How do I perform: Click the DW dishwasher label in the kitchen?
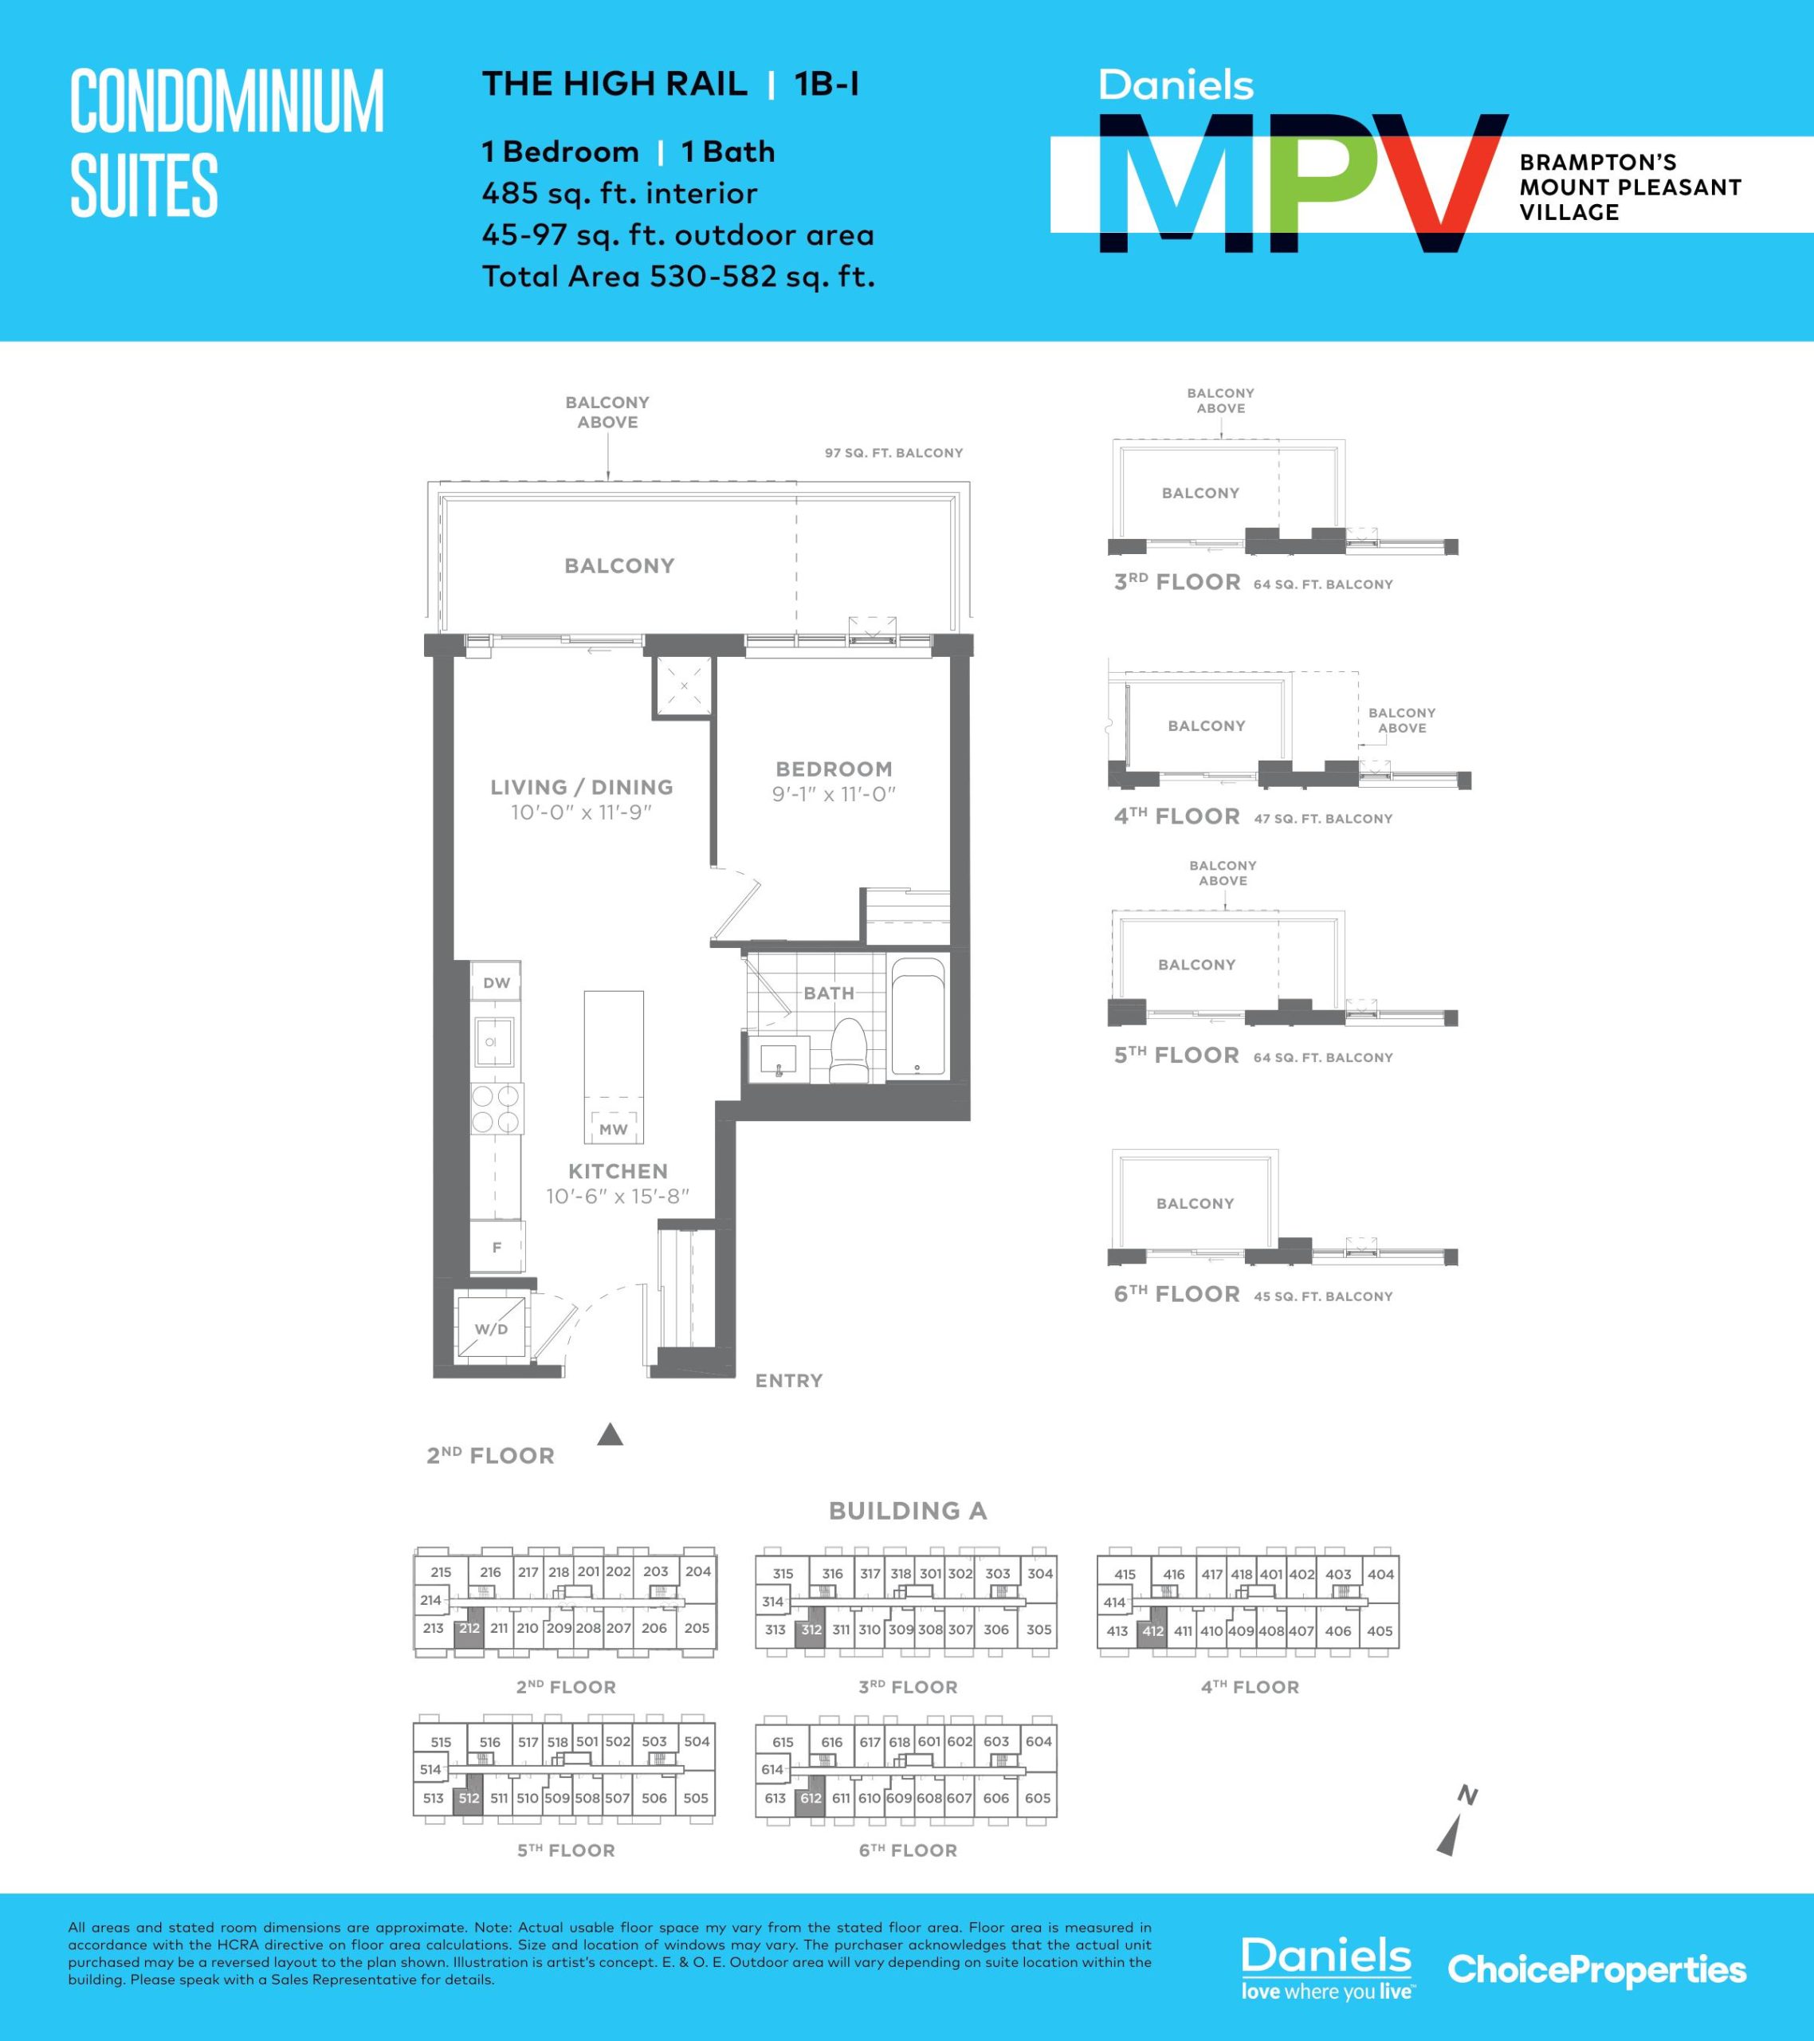pyautogui.click(x=497, y=982)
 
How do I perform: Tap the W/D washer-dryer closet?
pyautogui.click(x=490, y=1327)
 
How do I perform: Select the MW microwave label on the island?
pyautogui.click(x=613, y=1130)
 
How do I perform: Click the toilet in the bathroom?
pyautogui.click(x=850, y=1051)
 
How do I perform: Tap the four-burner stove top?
pyautogui.click(x=497, y=1107)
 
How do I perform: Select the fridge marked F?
pyautogui.click(x=497, y=1246)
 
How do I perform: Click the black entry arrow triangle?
pyautogui.click(x=610, y=1435)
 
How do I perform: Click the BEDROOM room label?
pyautogui.click(x=834, y=769)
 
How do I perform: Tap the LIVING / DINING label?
pyautogui.click(x=581, y=787)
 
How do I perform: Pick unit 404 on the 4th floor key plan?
pyautogui.click(x=1380, y=1574)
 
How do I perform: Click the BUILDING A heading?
pyautogui.click(x=908, y=1511)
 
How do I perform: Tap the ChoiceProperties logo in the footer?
pyautogui.click(x=1596, y=1971)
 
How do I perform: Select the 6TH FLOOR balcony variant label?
pyautogui.click(x=1176, y=1294)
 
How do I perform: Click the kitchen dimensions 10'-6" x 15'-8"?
pyautogui.click(x=618, y=1196)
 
